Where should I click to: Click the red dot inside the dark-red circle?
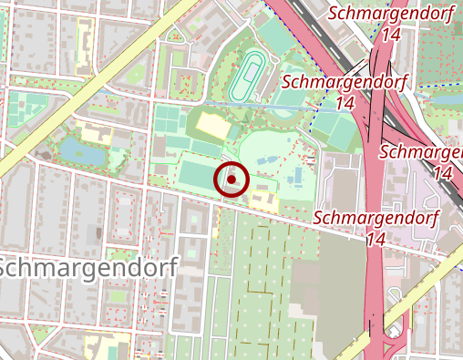(x=232, y=180)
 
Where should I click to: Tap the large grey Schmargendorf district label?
(x=89, y=267)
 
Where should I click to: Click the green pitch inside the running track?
(x=246, y=76)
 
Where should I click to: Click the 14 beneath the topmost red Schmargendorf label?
(x=392, y=34)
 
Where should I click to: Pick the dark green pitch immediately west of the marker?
(x=198, y=173)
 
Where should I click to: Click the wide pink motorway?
(x=375, y=182)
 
